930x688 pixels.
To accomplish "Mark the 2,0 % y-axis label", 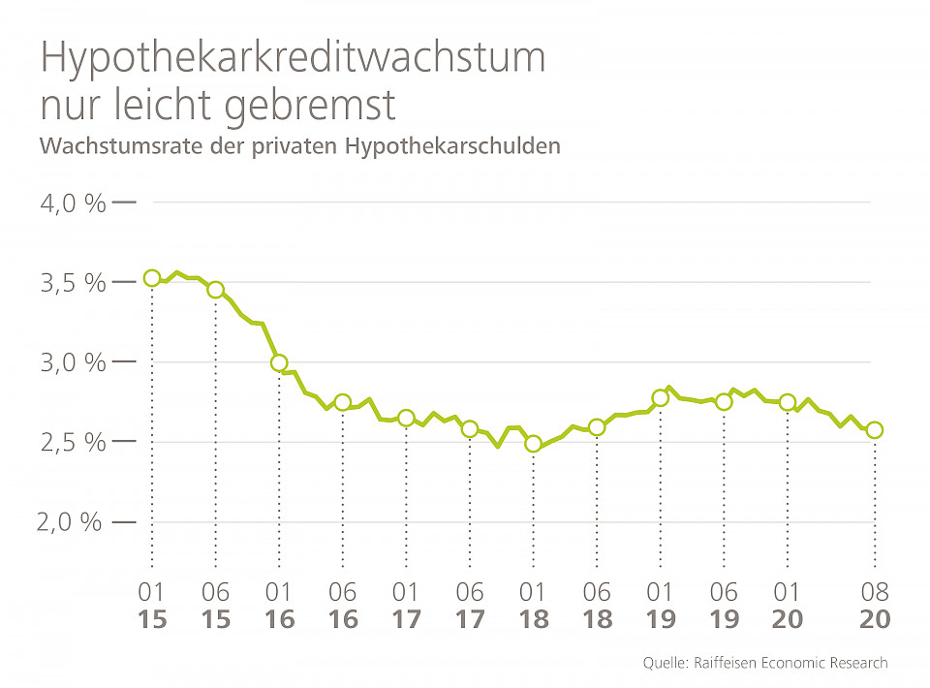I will coord(70,522).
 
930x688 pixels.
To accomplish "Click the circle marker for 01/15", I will coord(152,278).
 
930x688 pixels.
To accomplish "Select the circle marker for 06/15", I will coord(216,290).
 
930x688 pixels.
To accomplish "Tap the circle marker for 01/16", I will coord(279,363).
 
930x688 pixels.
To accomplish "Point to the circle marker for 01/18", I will coord(533,444).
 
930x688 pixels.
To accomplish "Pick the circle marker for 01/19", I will coord(661,397).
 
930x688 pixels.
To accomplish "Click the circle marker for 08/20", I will coord(875,430).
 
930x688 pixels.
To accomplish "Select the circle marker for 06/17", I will coord(470,428).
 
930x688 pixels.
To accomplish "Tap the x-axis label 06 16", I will coord(343,606).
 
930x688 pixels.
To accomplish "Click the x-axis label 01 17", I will coord(406,606).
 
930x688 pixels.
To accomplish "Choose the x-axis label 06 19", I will coord(724,606).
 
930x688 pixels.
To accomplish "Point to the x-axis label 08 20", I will coord(875,606).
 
